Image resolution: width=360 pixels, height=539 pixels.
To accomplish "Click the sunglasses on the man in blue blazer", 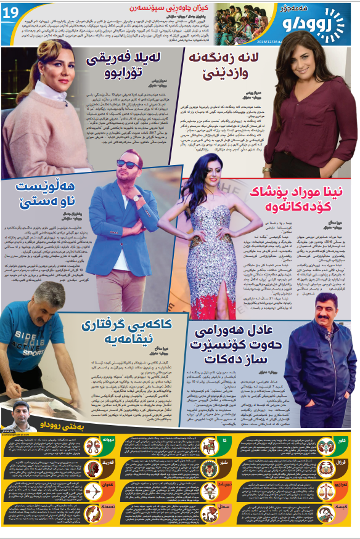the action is click(127, 163).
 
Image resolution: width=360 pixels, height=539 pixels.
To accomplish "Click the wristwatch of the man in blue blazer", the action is click(137, 198).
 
